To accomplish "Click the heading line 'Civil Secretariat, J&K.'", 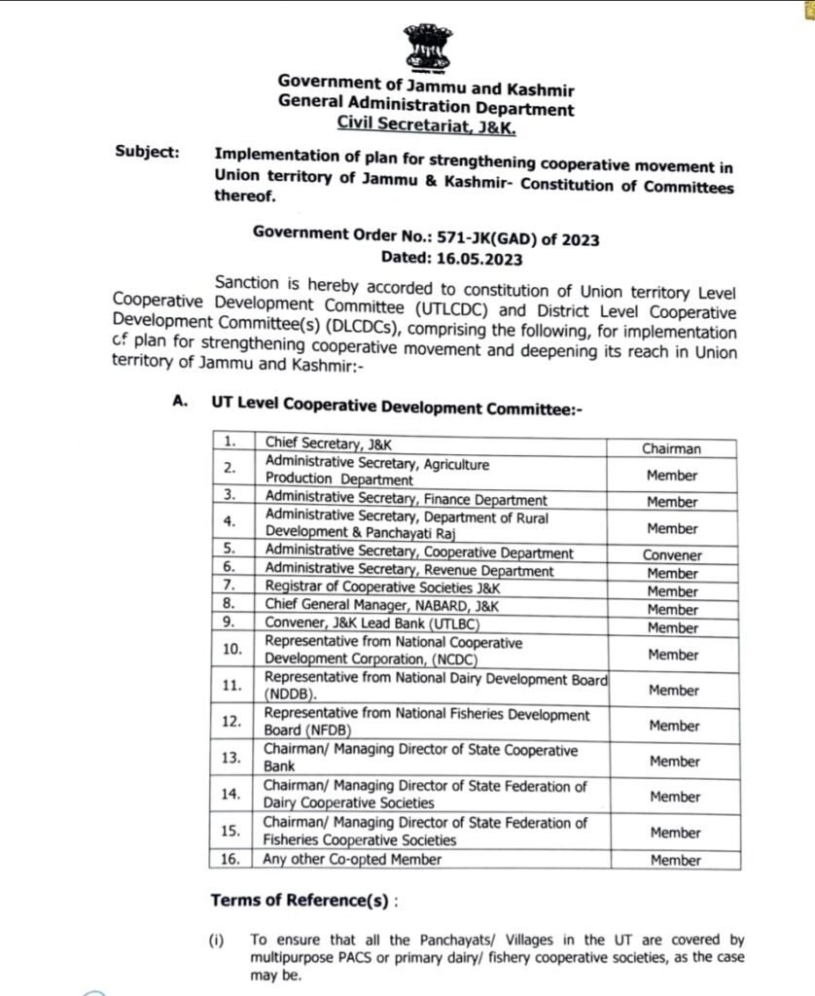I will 426,125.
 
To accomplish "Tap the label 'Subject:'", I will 147,152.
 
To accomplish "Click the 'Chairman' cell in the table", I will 671,448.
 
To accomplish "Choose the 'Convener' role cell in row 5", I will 672,555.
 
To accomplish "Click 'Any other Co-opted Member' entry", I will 353,860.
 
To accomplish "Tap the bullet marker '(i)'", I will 217,940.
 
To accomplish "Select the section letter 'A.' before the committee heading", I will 180,404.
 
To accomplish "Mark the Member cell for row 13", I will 673,762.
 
